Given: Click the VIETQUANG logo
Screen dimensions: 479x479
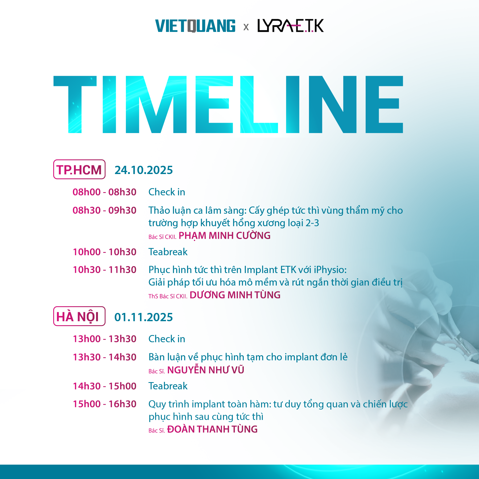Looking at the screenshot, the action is point(195,26).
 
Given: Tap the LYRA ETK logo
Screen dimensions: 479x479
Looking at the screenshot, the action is point(291,26).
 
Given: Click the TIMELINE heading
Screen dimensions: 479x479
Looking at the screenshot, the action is point(228,104).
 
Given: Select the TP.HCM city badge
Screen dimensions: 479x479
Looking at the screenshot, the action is point(79,170).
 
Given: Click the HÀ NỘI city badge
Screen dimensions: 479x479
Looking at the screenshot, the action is point(79,316).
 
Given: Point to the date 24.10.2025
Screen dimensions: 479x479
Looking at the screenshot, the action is point(144,170).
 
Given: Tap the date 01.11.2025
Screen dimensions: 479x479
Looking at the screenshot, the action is point(144,317).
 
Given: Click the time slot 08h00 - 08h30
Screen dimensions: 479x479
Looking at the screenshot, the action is point(105,192).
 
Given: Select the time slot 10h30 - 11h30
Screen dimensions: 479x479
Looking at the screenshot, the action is point(105,270).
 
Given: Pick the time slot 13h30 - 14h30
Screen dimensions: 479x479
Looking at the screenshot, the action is point(105,357).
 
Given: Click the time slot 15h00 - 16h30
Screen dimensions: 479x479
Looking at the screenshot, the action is point(105,404).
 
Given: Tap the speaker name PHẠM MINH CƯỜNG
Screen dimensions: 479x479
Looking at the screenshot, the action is point(225,236).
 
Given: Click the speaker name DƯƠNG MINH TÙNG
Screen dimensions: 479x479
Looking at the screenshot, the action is point(235,295).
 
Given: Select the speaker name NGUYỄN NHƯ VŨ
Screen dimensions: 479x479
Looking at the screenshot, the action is point(206,370).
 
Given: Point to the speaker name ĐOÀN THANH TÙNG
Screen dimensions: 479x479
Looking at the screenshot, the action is point(212,429).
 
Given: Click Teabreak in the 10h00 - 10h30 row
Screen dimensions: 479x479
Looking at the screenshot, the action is point(168,252).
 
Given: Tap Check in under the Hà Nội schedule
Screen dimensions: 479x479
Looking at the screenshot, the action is point(167,339).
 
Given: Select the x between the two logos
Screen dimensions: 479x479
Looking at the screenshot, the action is point(246,27).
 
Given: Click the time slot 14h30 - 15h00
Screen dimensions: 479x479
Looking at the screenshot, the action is point(105,386).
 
